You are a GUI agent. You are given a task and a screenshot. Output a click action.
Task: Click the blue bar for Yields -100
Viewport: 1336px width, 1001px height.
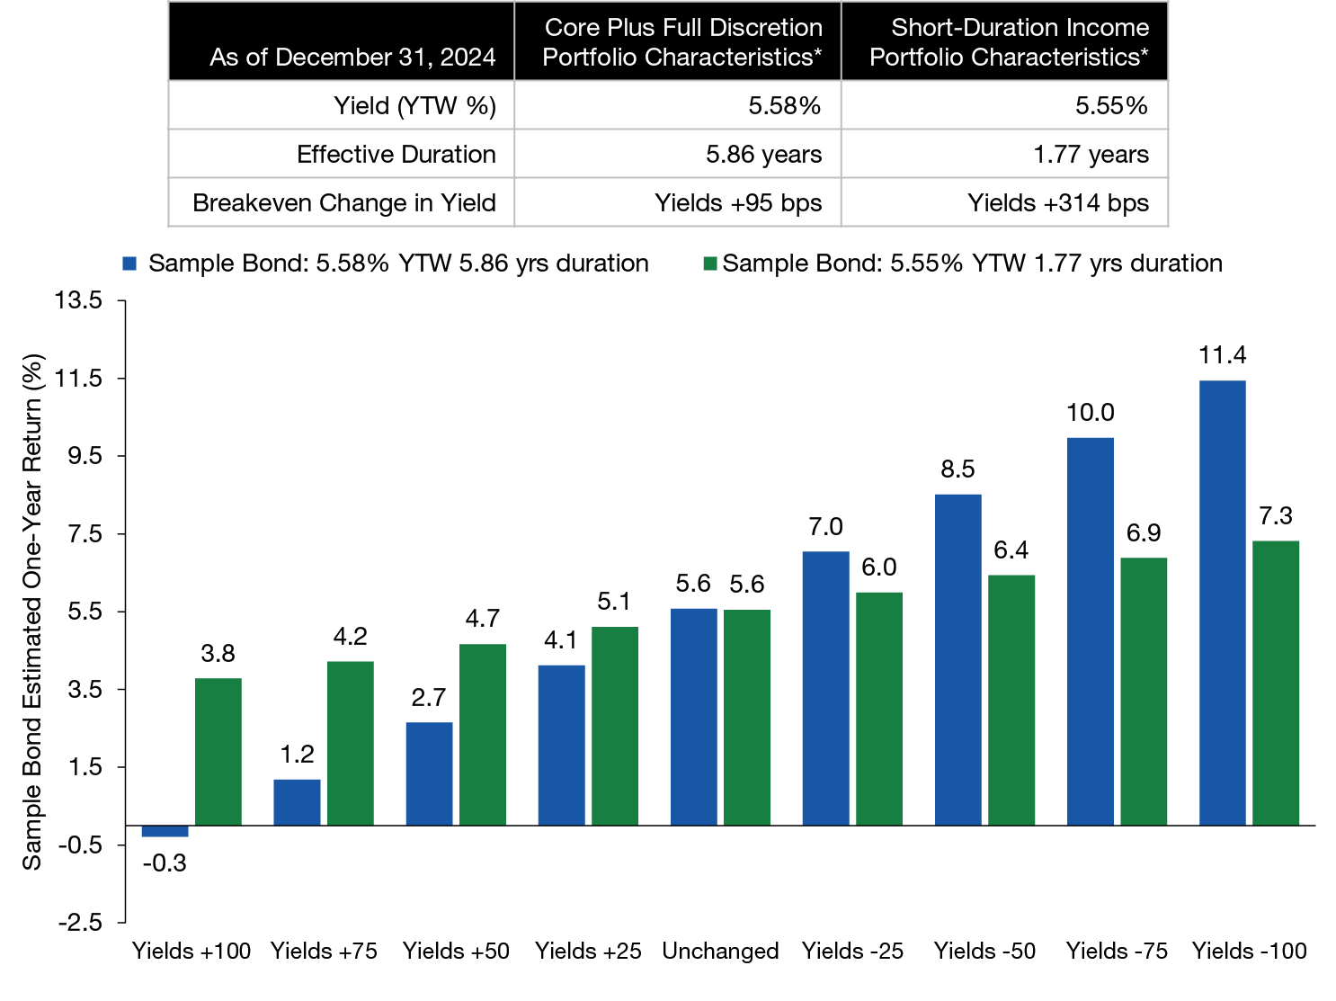(1222, 603)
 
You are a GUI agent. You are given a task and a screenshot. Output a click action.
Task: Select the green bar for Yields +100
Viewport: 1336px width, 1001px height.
(218, 752)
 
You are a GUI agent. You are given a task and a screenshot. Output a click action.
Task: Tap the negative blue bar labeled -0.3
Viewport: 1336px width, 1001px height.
(165, 831)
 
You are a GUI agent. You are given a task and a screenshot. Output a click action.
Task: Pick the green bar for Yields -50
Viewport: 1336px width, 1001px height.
(1011, 700)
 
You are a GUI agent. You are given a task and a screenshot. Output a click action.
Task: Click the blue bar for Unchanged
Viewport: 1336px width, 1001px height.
(693, 716)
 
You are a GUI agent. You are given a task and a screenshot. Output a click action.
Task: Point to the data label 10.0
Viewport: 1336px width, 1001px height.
(1090, 413)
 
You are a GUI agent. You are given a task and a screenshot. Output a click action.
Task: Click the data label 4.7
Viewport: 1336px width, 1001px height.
(483, 619)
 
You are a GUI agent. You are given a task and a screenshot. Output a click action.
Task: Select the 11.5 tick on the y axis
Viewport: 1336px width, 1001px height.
(79, 379)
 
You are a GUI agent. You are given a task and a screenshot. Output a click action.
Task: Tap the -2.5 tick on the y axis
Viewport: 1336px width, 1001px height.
(79, 923)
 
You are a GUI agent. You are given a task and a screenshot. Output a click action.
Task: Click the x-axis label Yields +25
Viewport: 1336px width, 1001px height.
(588, 951)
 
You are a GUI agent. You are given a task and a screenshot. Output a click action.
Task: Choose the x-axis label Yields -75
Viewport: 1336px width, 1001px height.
(1117, 951)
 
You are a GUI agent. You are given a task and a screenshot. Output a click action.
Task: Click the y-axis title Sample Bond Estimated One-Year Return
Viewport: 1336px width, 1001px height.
(32, 612)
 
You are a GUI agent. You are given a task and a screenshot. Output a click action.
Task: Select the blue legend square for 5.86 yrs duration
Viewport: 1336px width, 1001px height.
(130, 264)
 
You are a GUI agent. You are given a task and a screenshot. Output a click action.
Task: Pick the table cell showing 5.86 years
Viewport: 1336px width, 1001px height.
(763, 155)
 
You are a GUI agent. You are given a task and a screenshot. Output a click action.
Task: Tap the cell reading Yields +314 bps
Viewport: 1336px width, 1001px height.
(1057, 203)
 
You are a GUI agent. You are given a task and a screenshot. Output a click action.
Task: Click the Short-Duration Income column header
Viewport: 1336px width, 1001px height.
(1008, 42)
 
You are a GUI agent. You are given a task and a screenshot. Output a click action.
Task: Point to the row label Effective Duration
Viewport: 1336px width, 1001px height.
(396, 155)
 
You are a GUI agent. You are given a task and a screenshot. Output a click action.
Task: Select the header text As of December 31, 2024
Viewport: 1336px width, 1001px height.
(352, 58)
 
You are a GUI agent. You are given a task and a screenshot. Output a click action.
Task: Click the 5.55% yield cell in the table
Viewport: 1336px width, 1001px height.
(1111, 106)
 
